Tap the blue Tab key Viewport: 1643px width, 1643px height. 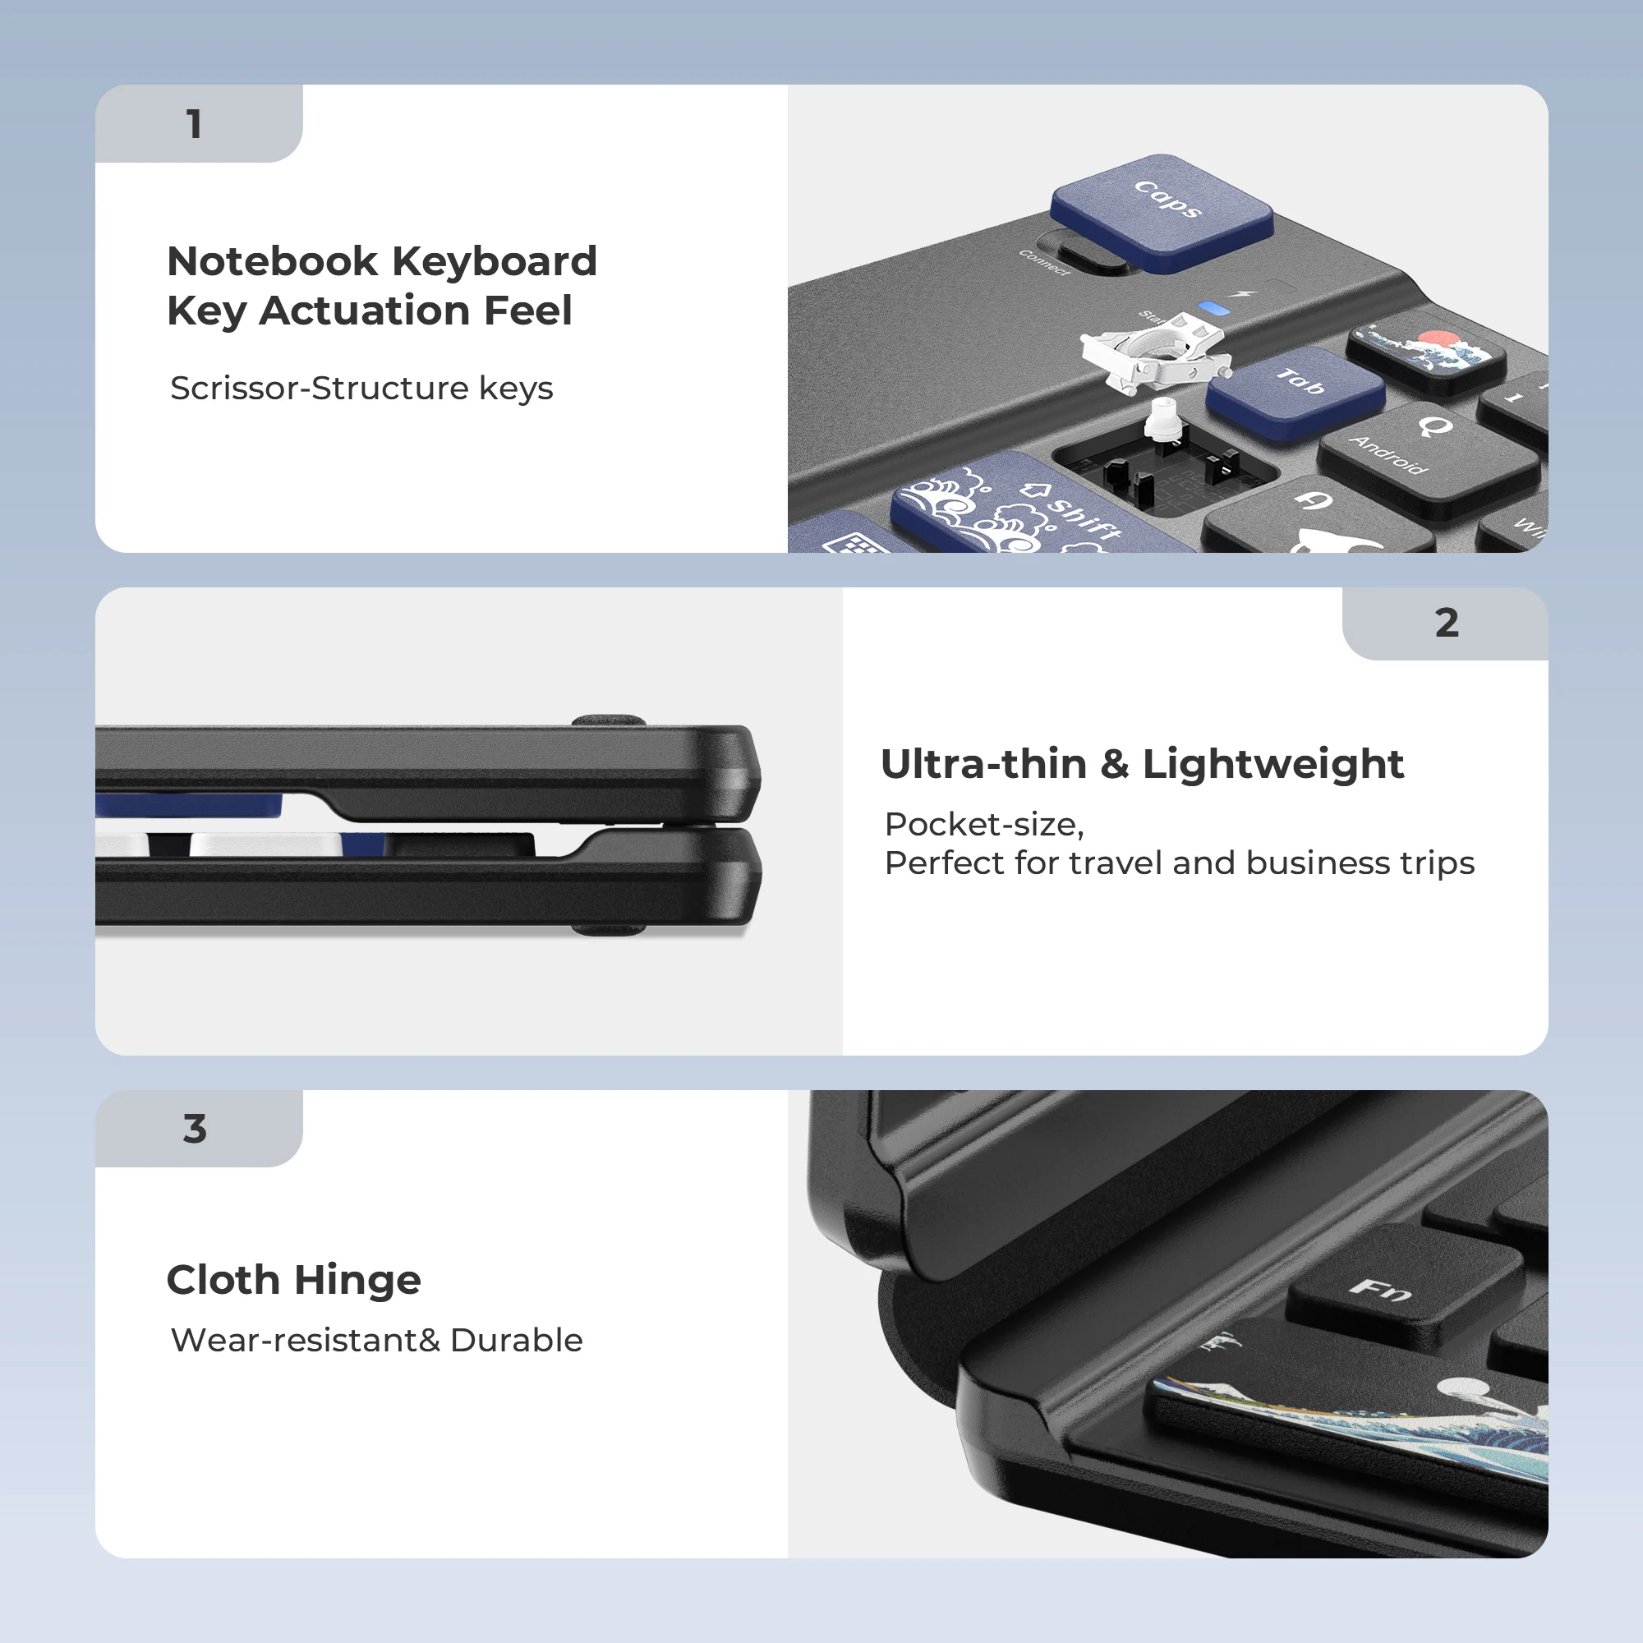(1296, 389)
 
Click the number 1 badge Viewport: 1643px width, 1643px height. (195, 124)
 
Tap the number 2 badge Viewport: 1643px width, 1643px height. (1446, 624)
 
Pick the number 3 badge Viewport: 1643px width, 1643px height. (195, 1129)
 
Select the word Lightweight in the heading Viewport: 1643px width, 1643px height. (1273, 764)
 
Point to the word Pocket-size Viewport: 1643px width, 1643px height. (983, 824)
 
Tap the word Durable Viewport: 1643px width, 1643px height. (515, 1340)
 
